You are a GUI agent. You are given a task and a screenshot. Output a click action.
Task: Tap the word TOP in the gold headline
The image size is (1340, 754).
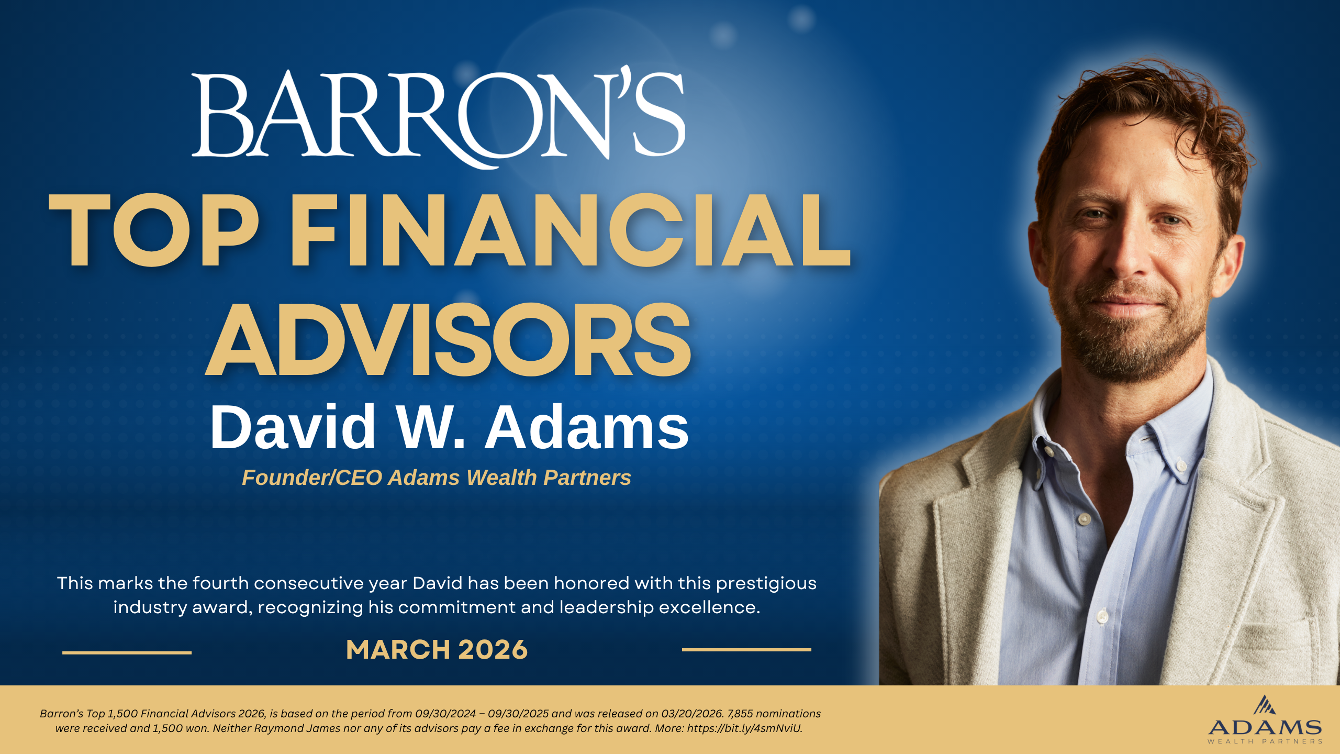pos(153,230)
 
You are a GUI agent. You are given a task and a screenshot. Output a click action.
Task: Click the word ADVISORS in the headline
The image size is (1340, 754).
pos(448,340)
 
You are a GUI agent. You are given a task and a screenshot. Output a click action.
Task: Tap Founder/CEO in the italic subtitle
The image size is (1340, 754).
pos(312,478)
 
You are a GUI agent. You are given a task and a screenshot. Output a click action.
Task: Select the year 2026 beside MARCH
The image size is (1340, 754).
pos(493,650)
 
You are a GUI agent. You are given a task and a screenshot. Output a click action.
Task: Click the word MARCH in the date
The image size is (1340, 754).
pos(398,650)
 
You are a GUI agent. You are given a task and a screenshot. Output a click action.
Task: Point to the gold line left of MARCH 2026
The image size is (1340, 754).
pos(127,652)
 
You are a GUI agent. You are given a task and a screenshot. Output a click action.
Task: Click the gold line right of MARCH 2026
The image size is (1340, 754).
pos(746,650)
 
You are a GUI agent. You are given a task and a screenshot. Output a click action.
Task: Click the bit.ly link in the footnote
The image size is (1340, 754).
pos(744,728)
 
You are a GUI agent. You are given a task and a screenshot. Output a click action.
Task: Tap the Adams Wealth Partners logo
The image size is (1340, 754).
pos(1265,720)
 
